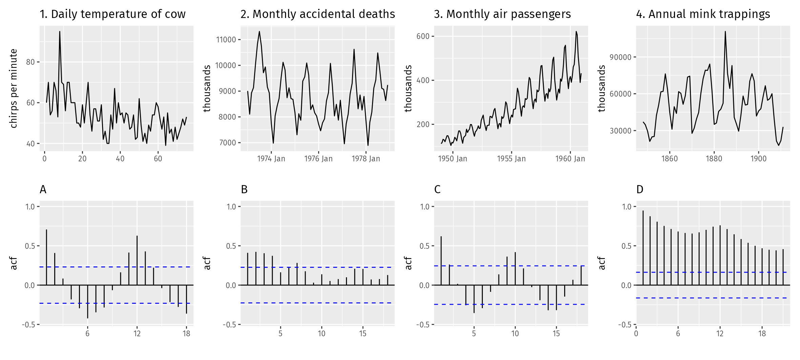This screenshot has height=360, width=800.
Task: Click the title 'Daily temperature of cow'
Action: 118,14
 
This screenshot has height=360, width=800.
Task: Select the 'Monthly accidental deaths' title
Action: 324,14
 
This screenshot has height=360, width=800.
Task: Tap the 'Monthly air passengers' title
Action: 509,14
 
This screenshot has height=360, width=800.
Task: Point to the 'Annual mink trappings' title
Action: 709,14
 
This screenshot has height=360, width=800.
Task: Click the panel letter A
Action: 43,189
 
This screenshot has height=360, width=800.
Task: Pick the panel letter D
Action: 640,189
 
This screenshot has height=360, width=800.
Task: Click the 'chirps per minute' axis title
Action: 14,88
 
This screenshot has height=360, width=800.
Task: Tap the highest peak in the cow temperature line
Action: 60,32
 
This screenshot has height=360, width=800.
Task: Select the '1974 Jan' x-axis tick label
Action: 271,159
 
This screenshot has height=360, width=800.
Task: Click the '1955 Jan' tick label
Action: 511,159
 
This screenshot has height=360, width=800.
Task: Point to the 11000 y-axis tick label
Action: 226,40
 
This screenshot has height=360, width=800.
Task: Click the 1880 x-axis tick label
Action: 714,159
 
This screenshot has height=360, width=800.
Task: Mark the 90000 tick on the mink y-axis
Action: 621,57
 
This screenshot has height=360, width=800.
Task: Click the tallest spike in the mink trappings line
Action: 725,32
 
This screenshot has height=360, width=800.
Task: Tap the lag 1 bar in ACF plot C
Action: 441,261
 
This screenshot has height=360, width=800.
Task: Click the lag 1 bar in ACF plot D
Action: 643,248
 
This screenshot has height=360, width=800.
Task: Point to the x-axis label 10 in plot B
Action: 322,334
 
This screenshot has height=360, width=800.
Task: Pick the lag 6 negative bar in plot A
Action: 87,302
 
